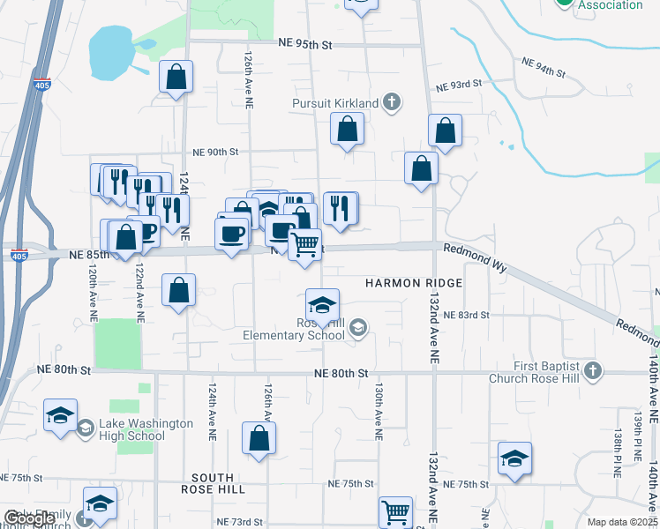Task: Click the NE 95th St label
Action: [304, 42]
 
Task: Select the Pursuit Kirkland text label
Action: [335, 103]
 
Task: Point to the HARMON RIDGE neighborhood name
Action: [414, 282]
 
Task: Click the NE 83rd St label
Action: [466, 315]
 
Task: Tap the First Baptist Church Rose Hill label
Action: [548, 373]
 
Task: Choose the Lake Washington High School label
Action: [135, 429]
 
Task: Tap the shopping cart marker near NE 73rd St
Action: [395, 510]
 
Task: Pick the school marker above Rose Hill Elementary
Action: [323, 305]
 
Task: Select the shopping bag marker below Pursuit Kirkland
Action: [348, 129]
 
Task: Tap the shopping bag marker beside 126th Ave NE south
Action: [259, 438]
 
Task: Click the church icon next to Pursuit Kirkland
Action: [394, 103]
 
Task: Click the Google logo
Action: [29, 519]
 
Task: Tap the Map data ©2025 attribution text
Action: [622, 522]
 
